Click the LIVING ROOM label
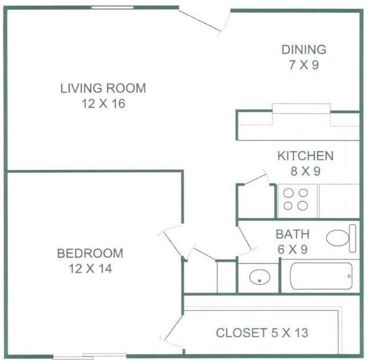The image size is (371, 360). pyautogui.click(x=103, y=88)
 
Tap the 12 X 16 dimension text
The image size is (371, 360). pyautogui.click(x=103, y=103)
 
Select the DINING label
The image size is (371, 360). pyautogui.click(x=304, y=50)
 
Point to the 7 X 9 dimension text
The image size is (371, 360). pyautogui.click(x=304, y=65)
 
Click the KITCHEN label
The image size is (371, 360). pyautogui.click(x=305, y=155)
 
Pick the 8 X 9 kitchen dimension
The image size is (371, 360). pyautogui.click(x=305, y=171)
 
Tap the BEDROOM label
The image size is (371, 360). pyautogui.click(x=90, y=253)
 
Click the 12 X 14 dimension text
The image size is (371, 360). pyautogui.click(x=90, y=269)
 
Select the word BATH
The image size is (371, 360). pyautogui.click(x=293, y=234)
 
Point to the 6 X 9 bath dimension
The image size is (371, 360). pyautogui.click(x=293, y=249)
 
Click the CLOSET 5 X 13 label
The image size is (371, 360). pyautogui.click(x=262, y=333)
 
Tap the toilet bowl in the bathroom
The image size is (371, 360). pyautogui.click(x=338, y=238)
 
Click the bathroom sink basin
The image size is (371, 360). pyautogui.click(x=260, y=277)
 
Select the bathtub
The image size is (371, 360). pyautogui.click(x=321, y=276)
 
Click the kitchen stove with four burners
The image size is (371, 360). pyautogui.click(x=297, y=201)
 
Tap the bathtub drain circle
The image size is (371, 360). pyautogui.click(x=349, y=276)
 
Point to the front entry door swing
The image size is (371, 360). pyautogui.click(x=200, y=21)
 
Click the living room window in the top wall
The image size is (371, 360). pyautogui.click(x=112, y=7)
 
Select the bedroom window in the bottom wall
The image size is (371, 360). pyautogui.click(x=90, y=356)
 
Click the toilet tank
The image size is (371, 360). pyautogui.click(x=353, y=238)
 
